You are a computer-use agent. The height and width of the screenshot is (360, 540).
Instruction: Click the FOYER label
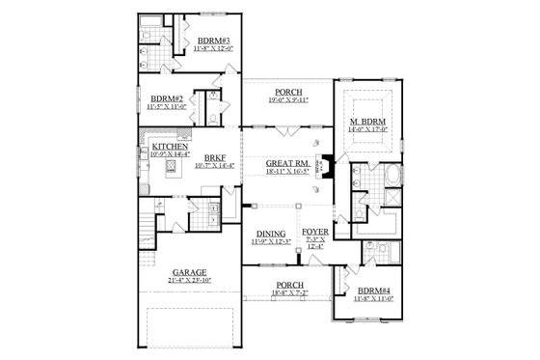click(x=314, y=232)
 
